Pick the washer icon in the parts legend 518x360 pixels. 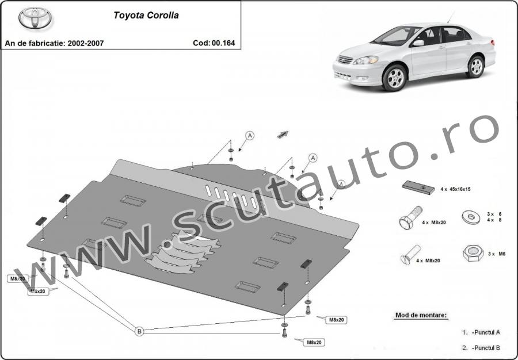tap(471, 217)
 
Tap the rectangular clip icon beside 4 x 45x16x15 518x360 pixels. tap(418, 187)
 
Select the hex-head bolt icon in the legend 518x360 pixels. tap(407, 221)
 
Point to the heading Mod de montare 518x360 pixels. tap(421, 315)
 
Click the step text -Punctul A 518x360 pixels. tap(486, 332)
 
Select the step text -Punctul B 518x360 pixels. tap(486, 347)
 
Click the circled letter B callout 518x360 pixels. tap(139, 331)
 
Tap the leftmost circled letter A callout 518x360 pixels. tap(250, 136)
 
